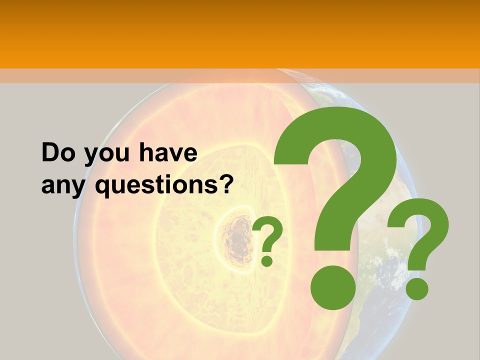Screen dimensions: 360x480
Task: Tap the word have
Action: pos(168,152)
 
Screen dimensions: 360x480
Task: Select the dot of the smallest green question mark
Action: pos(267,260)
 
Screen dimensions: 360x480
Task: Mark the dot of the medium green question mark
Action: pos(416,288)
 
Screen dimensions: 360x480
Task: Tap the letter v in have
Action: pos(175,154)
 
